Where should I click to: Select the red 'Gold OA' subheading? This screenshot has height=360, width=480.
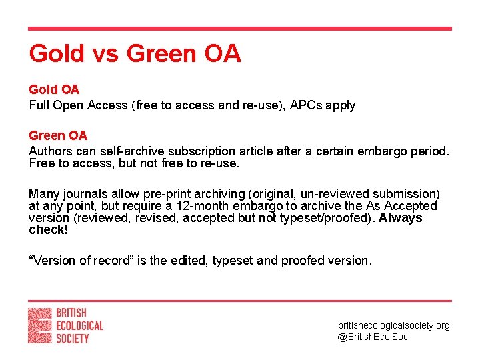[53, 89]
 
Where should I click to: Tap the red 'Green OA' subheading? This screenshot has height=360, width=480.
[57, 136]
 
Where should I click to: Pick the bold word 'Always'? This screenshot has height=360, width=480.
[400, 218]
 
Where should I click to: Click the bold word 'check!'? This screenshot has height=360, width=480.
[49, 230]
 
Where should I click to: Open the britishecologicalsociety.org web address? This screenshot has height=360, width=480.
[393, 325]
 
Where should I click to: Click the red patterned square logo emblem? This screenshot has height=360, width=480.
[39, 325]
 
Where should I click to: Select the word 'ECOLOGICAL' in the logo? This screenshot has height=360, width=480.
[79, 325]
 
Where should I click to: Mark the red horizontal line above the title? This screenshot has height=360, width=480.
[239, 29]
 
